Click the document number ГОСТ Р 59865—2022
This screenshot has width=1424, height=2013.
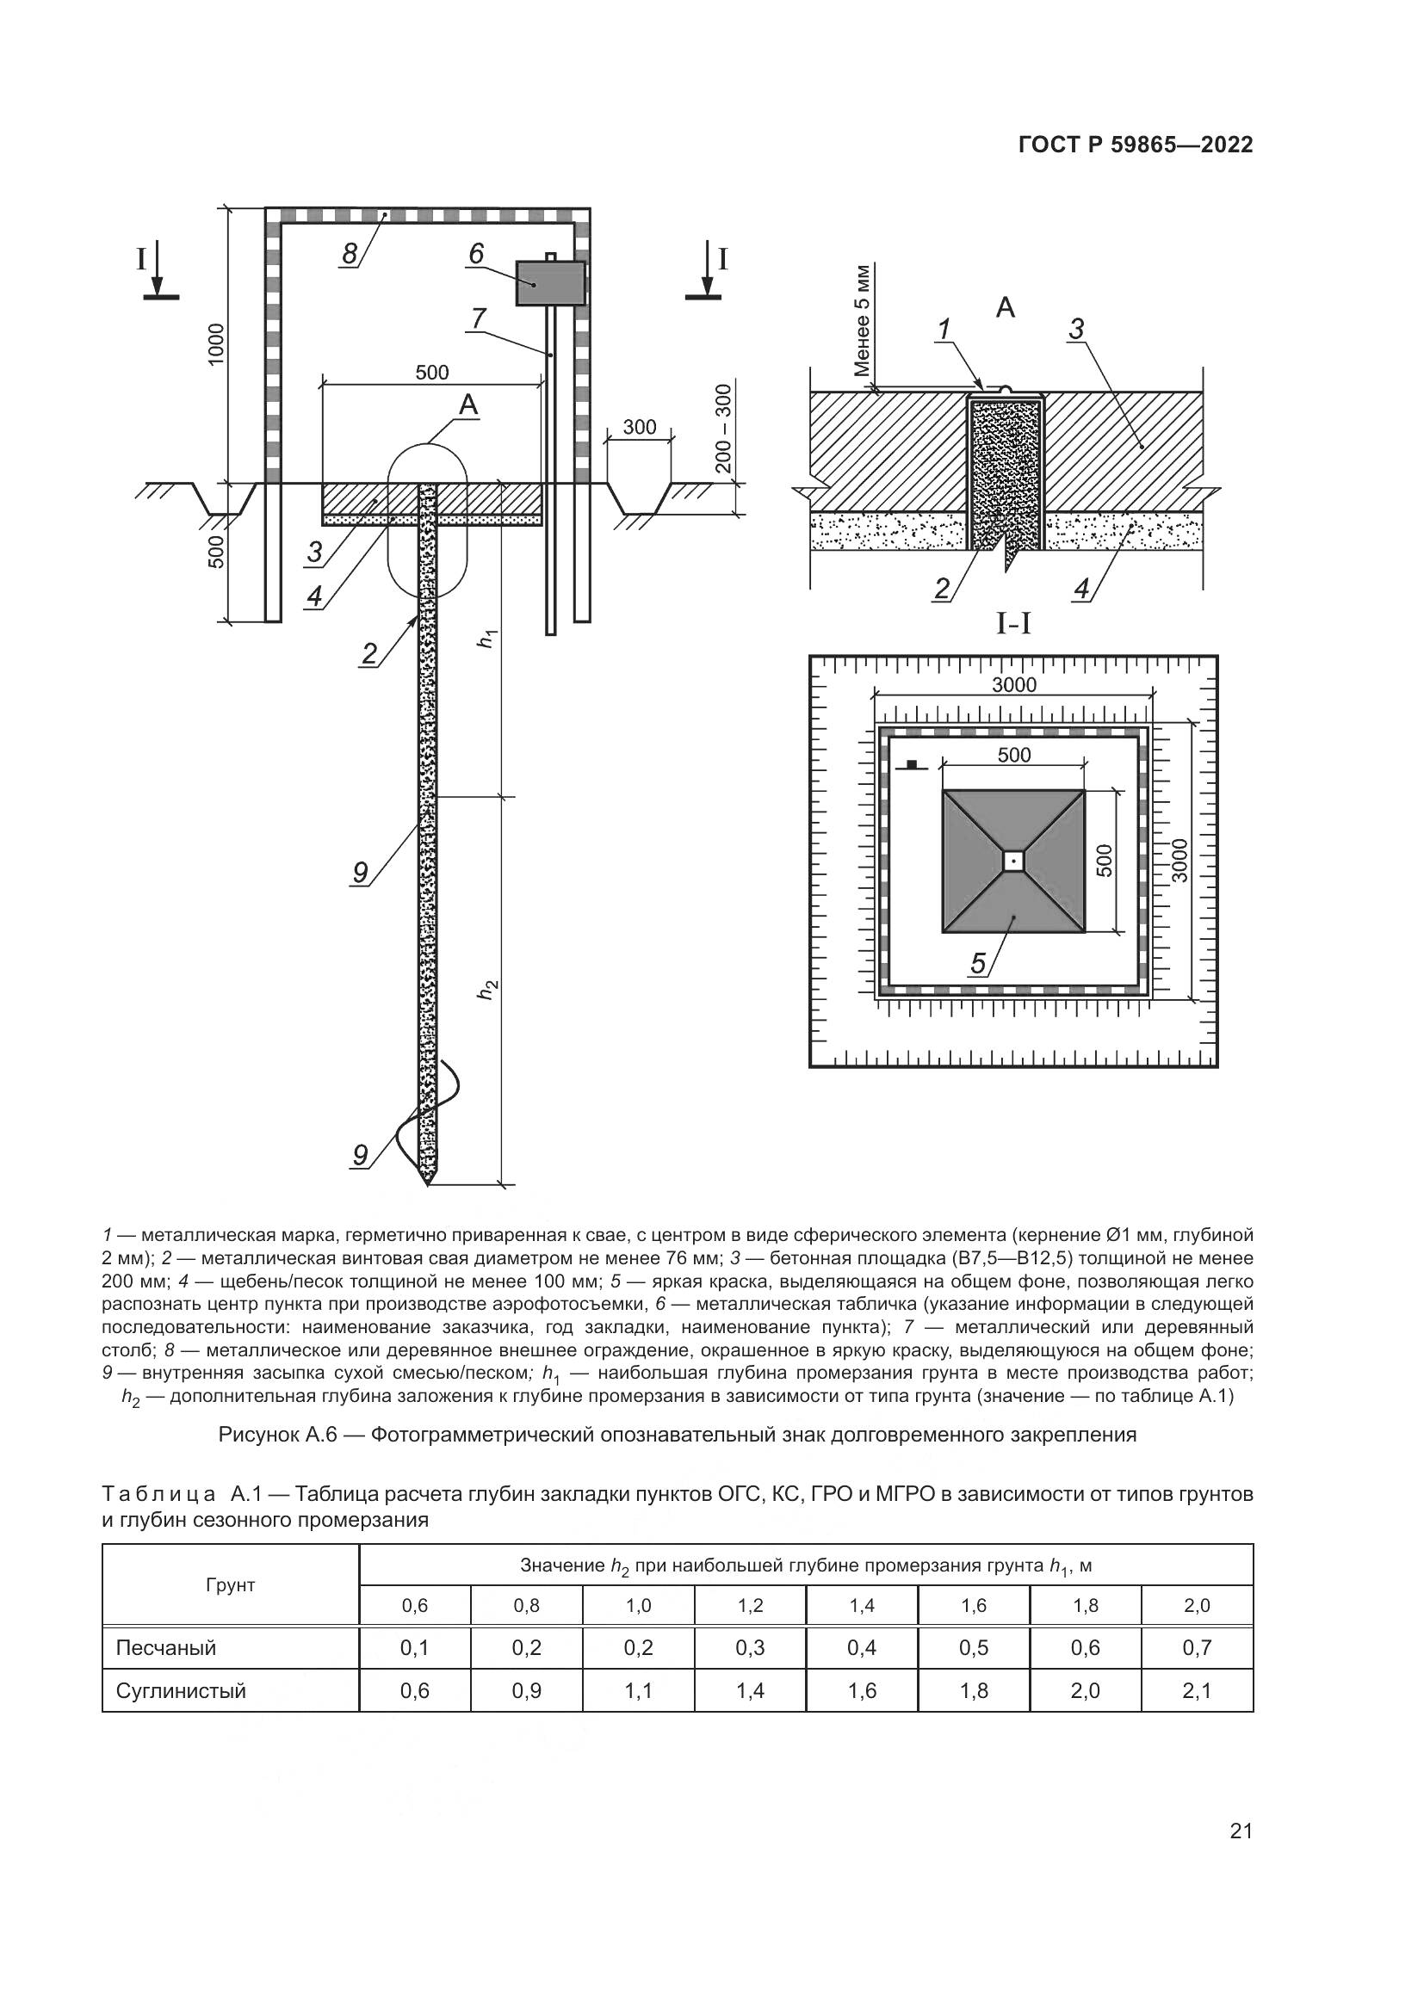point(1136,145)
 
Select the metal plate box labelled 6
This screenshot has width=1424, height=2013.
point(550,282)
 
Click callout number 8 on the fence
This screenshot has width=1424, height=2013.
point(350,253)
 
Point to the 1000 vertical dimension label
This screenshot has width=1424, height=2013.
point(216,343)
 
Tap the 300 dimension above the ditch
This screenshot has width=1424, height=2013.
point(639,427)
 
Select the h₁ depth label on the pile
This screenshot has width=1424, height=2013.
point(487,639)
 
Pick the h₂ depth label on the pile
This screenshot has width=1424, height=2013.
point(487,990)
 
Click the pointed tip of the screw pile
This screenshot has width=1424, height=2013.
point(427,1185)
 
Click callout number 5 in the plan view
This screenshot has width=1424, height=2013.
point(979,965)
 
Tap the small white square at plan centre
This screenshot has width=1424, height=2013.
point(1013,861)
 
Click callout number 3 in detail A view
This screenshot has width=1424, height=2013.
point(1076,329)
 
